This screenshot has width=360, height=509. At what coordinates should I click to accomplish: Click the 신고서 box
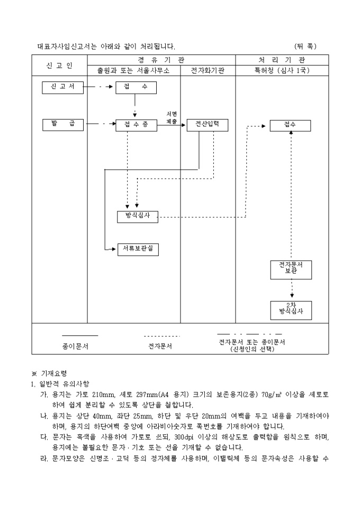tap(63, 88)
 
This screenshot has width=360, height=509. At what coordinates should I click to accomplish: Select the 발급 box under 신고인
tap(63, 124)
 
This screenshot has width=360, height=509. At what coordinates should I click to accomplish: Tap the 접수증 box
tap(136, 125)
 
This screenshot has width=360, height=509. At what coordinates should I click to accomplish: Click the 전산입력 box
tap(208, 125)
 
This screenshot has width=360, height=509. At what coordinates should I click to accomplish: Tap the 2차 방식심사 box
tap(291, 310)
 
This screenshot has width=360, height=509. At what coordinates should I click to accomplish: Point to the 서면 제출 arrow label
tap(171, 117)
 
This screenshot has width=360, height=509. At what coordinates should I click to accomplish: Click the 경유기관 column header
tap(161, 60)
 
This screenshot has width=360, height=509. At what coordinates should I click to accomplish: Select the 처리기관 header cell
tap(282, 60)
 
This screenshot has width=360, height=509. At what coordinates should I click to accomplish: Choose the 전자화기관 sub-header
tap(208, 70)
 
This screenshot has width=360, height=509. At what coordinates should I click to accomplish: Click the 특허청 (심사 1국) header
tap(282, 70)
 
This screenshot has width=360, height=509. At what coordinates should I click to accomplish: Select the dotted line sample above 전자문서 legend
tap(162, 336)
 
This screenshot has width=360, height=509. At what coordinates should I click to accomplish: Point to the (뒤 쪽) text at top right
tap(305, 47)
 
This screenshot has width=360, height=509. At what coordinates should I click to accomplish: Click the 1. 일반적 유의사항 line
tap(60, 383)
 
